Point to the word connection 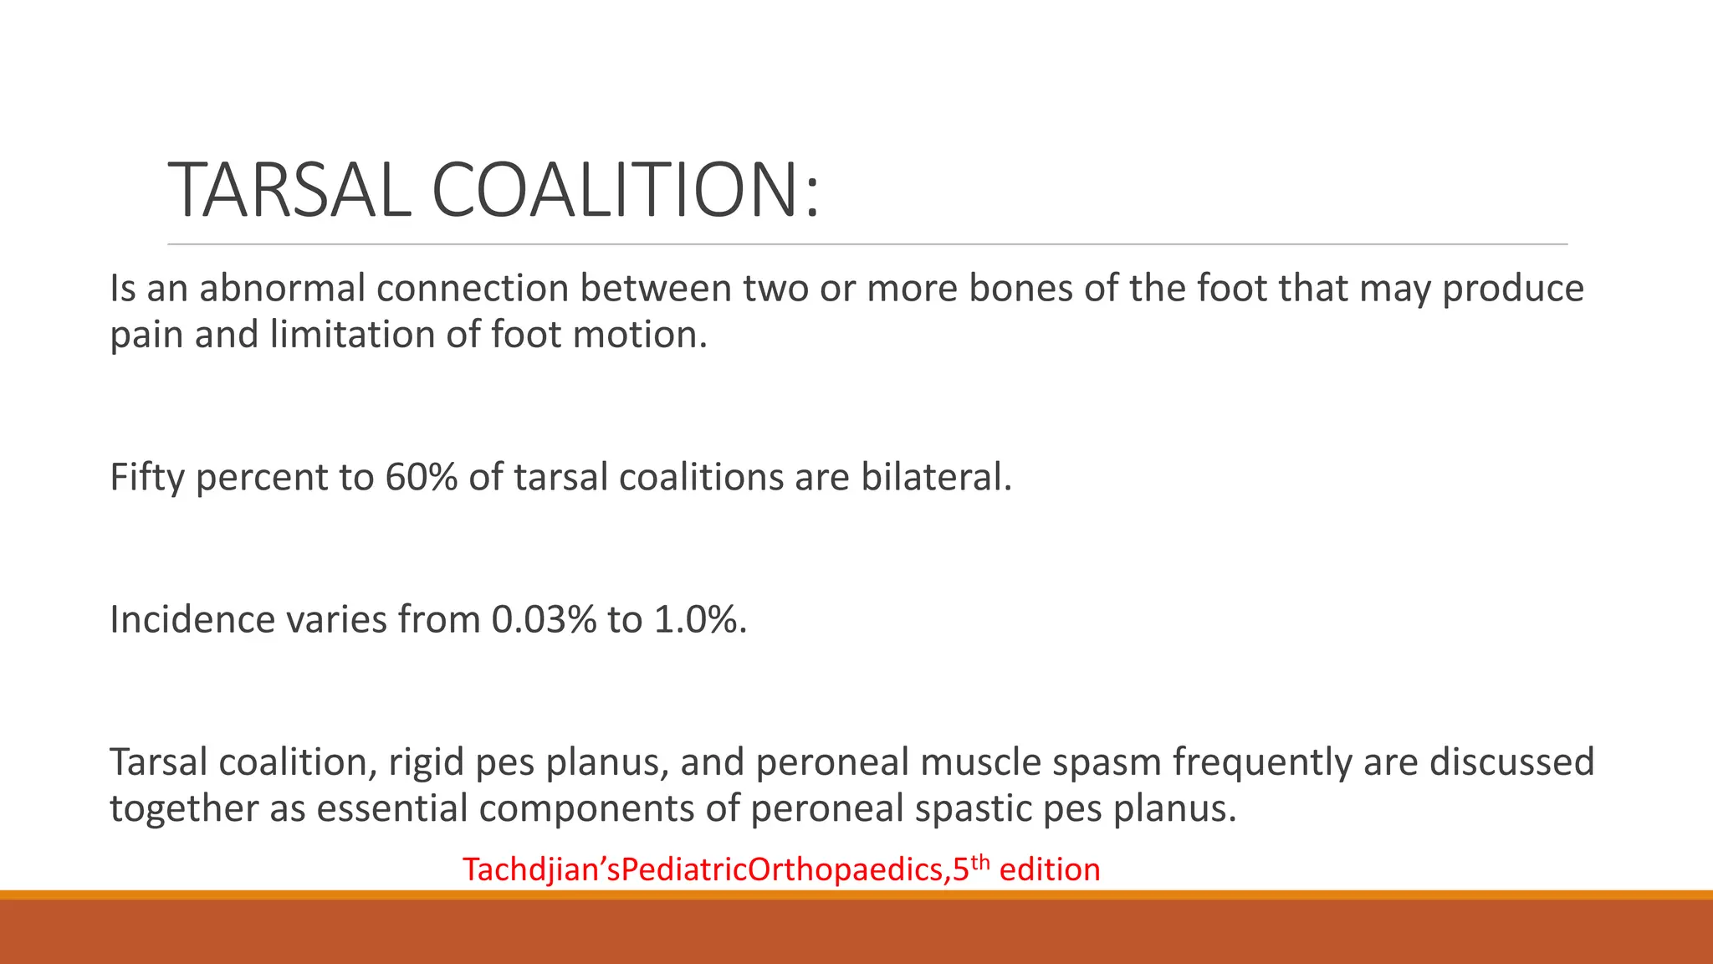[473, 288]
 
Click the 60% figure [421, 477]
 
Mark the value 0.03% [544, 620]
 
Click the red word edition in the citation [1050, 870]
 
